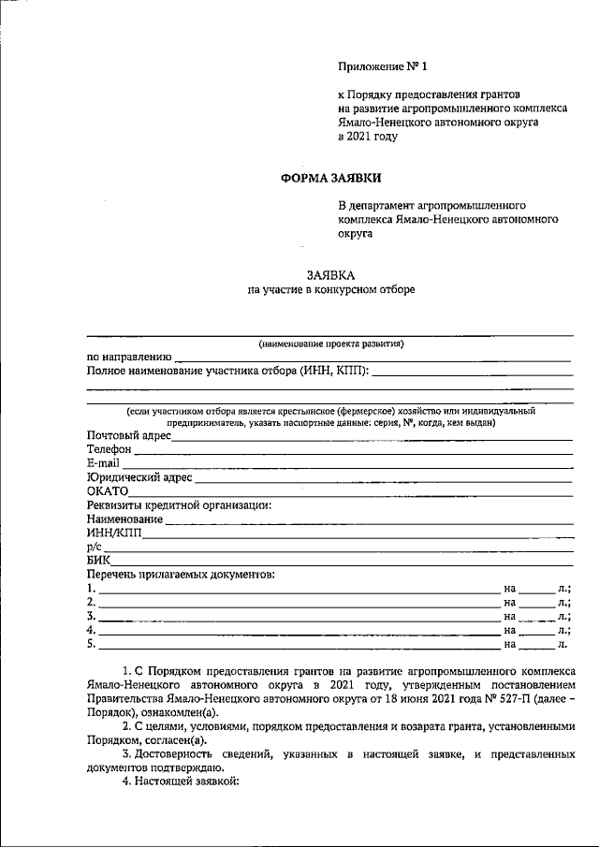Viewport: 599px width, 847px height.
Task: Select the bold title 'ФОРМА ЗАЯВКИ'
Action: point(332,177)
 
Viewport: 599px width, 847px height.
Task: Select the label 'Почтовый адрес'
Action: point(128,435)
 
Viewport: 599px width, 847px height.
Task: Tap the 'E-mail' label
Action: point(103,463)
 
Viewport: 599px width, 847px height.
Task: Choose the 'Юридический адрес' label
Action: point(139,477)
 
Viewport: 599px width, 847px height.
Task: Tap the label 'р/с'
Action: point(93,547)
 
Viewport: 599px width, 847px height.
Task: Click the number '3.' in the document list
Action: point(91,616)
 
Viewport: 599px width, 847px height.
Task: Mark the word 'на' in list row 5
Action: point(510,644)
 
